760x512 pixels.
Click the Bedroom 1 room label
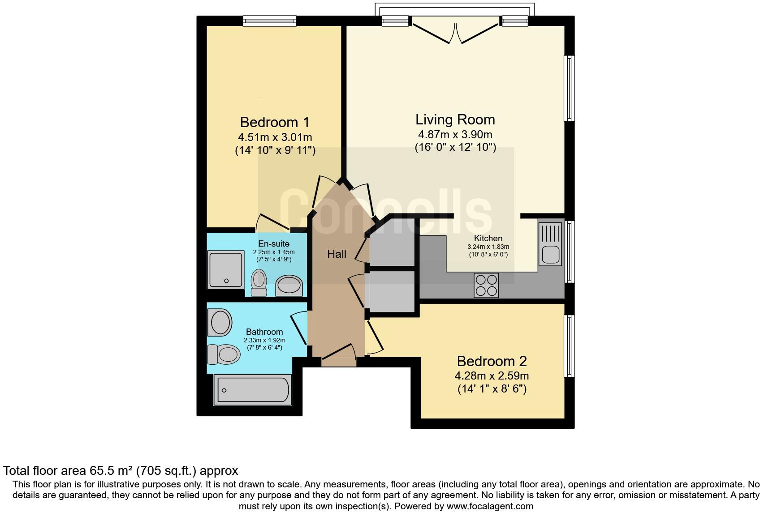point(275,122)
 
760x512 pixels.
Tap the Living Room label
point(455,119)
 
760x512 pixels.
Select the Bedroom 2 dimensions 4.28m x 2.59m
point(492,375)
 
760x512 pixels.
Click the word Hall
point(337,254)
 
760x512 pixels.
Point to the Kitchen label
point(488,238)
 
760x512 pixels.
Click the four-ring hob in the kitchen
point(486,285)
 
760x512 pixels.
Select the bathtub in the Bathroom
point(253,389)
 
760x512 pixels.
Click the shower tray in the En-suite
point(226,269)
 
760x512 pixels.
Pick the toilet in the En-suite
point(259,282)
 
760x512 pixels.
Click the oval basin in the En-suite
point(289,285)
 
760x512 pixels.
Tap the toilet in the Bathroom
point(224,354)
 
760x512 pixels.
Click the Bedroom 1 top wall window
point(269,21)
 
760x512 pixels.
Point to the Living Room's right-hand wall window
point(569,88)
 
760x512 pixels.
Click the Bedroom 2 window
point(569,346)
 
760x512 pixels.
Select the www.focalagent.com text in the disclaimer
point(490,507)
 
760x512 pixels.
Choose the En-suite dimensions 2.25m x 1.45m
point(274,252)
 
